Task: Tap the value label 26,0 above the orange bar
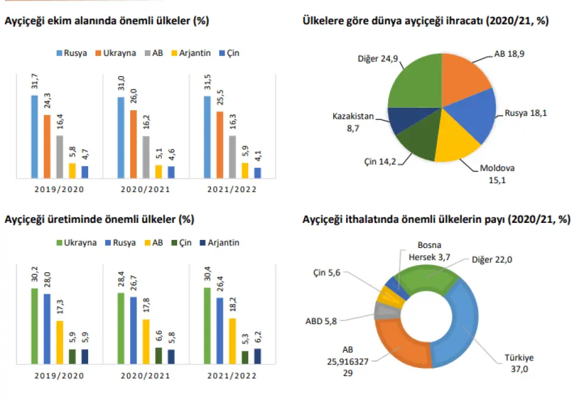[x=133, y=99]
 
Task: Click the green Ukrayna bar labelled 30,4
[x=206, y=325]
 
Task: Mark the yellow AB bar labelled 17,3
[x=60, y=342]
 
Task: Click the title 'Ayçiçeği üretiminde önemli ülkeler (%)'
[x=99, y=219]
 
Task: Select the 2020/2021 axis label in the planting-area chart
[x=144, y=189]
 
